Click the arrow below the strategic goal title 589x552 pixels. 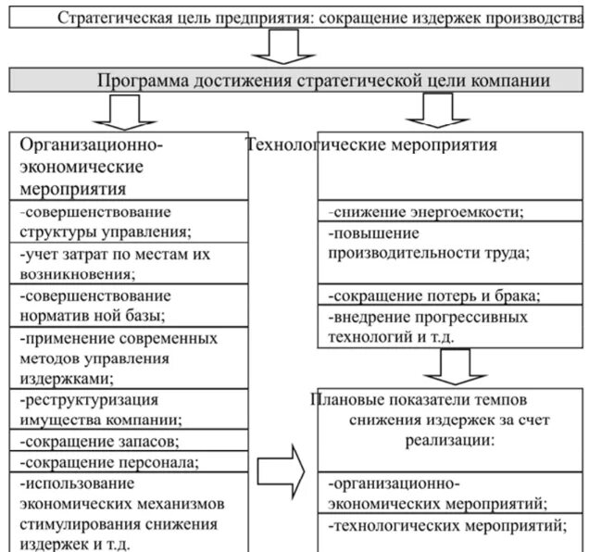pyautogui.click(x=277, y=47)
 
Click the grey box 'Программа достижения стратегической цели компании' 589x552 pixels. pyautogui.click(x=294, y=81)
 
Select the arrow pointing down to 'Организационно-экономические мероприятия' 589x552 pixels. pyautogui.click(x=119, y=112)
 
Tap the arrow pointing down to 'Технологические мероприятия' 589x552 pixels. pyautogui.click(x=429, y=110)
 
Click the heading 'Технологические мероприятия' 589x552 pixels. pyautogui.click(x=372, y=145)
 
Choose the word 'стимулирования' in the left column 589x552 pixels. pyautogui.click(x=71, y=524)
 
